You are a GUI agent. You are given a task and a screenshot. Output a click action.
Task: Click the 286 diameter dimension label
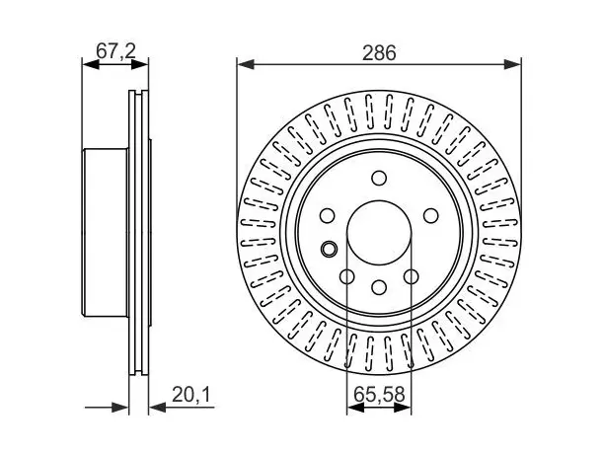[379, 52]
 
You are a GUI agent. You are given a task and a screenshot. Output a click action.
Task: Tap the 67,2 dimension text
[115, 51]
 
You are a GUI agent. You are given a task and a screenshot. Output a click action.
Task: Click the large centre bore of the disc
[379, 233]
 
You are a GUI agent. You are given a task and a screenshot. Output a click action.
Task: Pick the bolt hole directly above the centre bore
[379, 178]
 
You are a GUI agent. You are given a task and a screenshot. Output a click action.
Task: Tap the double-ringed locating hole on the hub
[329, 249]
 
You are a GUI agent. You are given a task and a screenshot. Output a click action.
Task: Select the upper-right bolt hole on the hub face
[430, 215]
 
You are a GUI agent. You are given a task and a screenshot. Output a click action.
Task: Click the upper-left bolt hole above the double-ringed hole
[328, 215]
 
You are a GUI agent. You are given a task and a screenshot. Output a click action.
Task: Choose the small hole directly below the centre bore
[379, 287]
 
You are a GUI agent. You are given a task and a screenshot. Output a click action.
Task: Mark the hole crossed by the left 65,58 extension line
[347, 276]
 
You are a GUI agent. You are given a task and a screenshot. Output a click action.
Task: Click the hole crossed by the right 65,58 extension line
[412, 276]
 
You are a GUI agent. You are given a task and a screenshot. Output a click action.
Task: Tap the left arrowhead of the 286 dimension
[246, 65]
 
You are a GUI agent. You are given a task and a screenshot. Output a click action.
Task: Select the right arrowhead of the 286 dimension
[512, 65]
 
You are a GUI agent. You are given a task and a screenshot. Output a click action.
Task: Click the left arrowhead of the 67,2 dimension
[91, 65]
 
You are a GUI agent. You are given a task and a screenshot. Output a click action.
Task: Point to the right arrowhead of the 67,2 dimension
[139, 65]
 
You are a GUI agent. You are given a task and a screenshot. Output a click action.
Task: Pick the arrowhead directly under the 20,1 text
[157, 408]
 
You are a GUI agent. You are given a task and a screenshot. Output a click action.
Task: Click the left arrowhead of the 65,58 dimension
[355, 408]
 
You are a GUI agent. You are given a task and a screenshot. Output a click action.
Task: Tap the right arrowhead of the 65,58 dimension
[403, 408]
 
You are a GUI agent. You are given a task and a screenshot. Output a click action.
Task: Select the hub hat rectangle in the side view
[105, 233]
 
